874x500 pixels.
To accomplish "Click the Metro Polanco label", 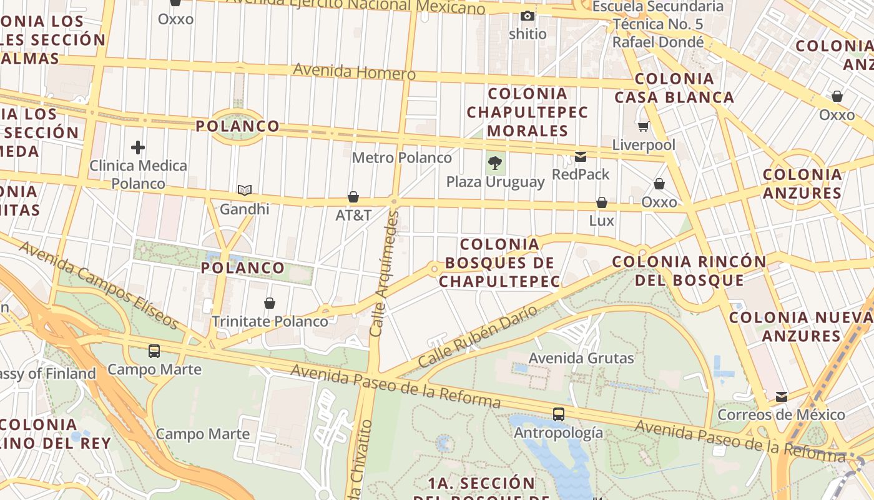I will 401,157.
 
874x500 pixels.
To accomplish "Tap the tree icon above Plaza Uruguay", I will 495,164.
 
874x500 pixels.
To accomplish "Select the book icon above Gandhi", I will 245,190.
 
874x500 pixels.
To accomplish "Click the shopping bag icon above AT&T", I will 353,197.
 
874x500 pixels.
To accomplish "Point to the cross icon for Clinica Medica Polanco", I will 138,147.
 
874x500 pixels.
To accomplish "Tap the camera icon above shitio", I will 528,16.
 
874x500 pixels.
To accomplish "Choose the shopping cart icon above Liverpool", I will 644,127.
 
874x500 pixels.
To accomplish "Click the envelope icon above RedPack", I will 581,157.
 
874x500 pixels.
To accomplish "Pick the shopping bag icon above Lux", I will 602,202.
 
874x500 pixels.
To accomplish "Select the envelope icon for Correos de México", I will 781,397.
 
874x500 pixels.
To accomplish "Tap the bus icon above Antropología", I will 558,414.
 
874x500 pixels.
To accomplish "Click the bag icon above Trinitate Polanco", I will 270,303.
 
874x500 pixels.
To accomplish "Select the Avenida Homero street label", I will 354,71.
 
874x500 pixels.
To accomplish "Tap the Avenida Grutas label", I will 581,358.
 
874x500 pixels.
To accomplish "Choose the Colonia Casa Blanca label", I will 674,88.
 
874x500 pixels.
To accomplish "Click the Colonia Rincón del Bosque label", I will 689,271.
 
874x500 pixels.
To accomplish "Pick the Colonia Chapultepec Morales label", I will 528,112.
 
